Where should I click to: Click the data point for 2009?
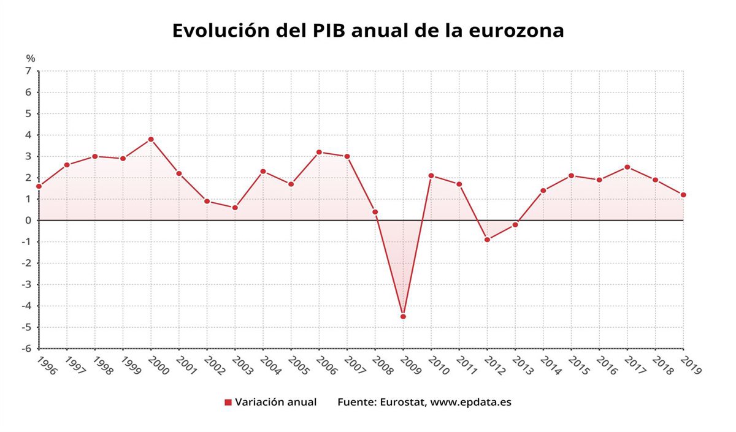(x=403, y=317)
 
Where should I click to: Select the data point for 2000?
(x=151, y=139)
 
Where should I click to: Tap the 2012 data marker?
(x=487, y=240)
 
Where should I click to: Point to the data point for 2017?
(x=627, y=167)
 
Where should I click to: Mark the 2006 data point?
(x=319, y=152)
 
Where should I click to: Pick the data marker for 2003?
(x=235, y=208)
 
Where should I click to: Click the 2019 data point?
(x=683, y=195)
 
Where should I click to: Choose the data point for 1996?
(x=39, y=186)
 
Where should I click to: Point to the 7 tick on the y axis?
(x=28, y=71)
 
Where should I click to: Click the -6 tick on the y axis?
(x=26, y=349)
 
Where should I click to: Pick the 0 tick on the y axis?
(x=28, y=221)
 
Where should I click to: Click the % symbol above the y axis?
(x=31, y=58)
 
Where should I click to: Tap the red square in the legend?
(x=228, y=403)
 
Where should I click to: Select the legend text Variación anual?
(x=276, y=403)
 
